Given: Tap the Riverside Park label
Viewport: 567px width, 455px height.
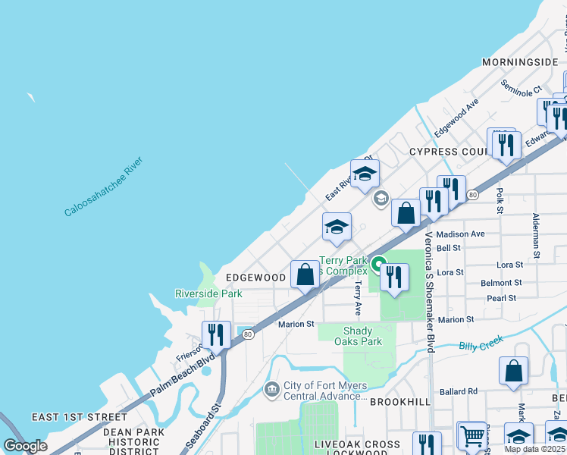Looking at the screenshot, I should click(208, 293).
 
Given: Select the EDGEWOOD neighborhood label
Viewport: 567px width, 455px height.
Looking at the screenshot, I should click(255, 278).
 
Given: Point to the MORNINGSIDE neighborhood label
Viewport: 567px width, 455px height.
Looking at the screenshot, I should click(521, 61).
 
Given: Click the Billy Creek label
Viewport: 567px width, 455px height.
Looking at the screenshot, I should click(481, 344).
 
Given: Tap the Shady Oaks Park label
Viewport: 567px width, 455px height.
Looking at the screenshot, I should click(357, 336).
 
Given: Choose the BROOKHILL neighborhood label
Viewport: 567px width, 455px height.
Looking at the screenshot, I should click(400, 402).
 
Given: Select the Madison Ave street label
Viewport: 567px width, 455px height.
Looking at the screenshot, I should click(460, 234).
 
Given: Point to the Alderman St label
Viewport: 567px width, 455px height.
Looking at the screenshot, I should click(535, 235).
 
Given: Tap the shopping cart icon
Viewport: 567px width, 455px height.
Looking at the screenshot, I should click(472, 435).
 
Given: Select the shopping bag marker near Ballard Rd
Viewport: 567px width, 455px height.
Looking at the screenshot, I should click(514, 372).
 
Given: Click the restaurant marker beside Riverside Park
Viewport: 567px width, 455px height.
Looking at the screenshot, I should click(216, 334).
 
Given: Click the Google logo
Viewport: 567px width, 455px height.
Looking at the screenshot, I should click(25, 445).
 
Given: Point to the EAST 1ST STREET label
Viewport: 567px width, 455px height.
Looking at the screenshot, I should click(80, 417).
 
